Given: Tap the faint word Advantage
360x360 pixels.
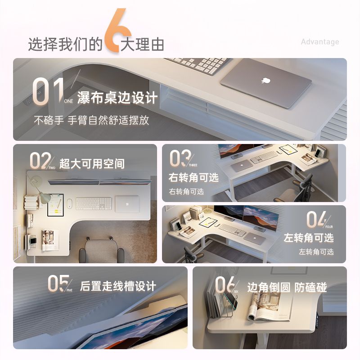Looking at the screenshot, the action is pos(320,42).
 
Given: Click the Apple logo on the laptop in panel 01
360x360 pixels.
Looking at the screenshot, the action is pos(265,81).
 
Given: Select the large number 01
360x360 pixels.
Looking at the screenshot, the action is pos(48,92).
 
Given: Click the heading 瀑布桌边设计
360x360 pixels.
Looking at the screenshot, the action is pos(117,98).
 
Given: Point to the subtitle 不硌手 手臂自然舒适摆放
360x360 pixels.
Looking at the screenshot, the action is pos(91,120).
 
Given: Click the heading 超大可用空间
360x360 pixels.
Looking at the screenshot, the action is pos(92,164).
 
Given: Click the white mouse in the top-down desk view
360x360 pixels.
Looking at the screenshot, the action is pos(69,204).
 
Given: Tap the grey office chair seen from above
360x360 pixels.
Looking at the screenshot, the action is pos(101,250).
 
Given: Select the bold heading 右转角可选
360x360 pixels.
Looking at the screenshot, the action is pos(193,177).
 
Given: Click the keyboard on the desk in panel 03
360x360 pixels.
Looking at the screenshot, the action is pos(264,157).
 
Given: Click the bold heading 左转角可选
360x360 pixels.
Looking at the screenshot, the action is pos(309,238).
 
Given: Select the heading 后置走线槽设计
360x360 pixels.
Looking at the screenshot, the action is pos(118,286).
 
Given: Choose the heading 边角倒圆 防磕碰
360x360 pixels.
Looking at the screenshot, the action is pos(287,287).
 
